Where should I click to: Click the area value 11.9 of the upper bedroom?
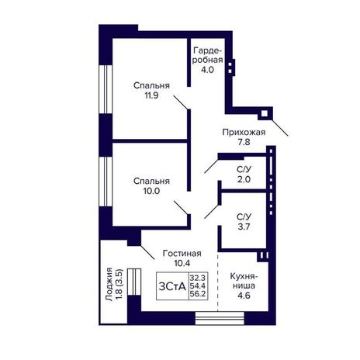[151, 95]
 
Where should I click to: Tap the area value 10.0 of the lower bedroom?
[151, 191]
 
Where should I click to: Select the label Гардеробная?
[208, 54]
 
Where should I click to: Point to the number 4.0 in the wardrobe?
[208, 70]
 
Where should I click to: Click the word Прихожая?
[244, 132]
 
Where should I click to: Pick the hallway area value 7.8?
[244, 142]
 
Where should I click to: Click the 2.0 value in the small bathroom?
[244, 179]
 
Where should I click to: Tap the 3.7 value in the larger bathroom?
[244, 227]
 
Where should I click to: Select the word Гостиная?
[182, 253]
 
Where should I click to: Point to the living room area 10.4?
[182, 263]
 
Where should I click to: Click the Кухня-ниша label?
[244, 281]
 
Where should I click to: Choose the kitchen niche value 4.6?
[244, 296]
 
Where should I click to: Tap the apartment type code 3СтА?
[172, 286]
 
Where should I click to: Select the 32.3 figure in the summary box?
[198, 278]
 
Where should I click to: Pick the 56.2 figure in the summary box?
[198, 294]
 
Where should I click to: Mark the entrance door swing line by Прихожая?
[280, 127]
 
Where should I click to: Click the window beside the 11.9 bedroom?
[106, 89]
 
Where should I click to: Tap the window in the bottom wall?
[220, 318]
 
